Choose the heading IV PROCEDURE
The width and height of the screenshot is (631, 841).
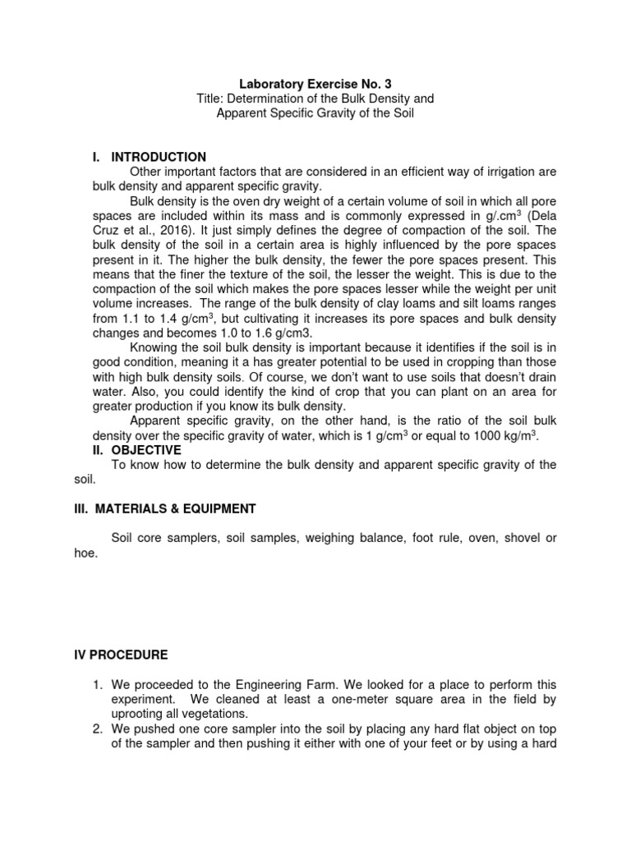[121, 655]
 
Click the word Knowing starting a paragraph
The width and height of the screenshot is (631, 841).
[155, 347]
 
